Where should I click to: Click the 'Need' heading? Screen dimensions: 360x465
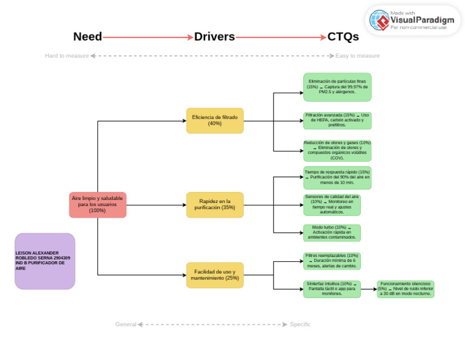pos(88,36)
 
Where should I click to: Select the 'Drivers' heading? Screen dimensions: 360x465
pos(214,36)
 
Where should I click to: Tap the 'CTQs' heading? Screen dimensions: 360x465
pos(343,36)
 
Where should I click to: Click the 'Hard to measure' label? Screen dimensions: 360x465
pos(67,56)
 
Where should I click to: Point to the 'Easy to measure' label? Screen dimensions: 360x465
pos(358,56)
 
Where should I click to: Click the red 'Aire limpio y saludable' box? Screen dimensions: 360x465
pos(97,204)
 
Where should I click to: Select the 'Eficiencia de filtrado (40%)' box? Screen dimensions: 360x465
pos(215,121)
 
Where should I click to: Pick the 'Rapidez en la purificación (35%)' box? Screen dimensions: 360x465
pos(215,205)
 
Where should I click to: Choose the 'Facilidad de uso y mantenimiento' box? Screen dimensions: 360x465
pos(215,275)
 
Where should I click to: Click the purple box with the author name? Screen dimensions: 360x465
pos(45,261)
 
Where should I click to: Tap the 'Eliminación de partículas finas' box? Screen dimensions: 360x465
pos(337,87)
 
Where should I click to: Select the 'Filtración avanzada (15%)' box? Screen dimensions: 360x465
pos(337,120)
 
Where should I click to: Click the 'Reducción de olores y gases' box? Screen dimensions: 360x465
pos(337,150)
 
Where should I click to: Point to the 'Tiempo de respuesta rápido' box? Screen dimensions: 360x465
pos(337,178)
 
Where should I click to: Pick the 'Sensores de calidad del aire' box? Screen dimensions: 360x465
pos(332,204)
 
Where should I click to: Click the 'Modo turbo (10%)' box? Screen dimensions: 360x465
pos(332,233)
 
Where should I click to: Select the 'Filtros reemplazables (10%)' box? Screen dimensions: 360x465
pos(332,261)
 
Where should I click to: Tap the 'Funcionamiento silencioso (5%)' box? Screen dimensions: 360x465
pos(405,288)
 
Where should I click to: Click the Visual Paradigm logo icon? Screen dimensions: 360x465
pos(381,21)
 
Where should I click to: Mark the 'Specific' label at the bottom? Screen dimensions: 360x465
pos(300,324)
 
